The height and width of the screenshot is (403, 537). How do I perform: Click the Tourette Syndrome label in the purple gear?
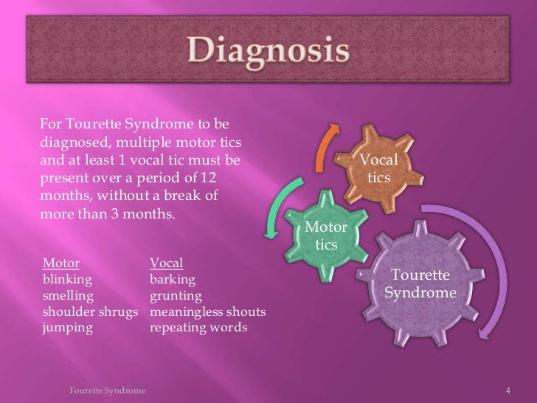pyautogui.click(x=420, y=284)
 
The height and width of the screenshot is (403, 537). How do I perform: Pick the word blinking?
pyautogui.click(x=68, y=280)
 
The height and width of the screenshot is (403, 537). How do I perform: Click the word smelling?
pyautogui.click(x=69, y=296)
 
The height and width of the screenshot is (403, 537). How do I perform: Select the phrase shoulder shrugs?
pyautogui.click(x=91, y=312)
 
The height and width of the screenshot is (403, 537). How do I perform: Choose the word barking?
pyautogui.click(x=173, y=280)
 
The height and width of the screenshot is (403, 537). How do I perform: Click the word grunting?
pyautogui.click(x=176, y=296)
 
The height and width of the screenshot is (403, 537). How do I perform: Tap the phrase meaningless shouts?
pyautogui.click(x=207, y=312)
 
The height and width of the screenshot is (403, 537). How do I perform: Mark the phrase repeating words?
pyautogui.click(x=198, y=328)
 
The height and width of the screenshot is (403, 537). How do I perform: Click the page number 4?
pyautogui.click(x=507, y=389)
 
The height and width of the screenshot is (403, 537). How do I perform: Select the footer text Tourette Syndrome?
pyautogui.click(x=106, y=389)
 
